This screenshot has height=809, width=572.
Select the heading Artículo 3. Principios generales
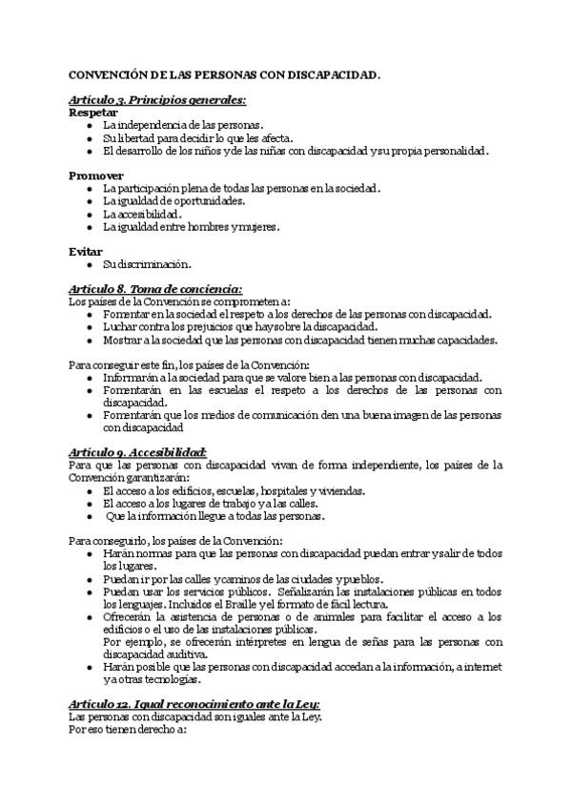(x=157, y=99)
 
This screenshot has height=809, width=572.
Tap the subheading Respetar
(x=93, y=112)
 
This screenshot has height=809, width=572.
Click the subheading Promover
(x=97, y=176)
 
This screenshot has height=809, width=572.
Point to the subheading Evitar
(x=86, y=251)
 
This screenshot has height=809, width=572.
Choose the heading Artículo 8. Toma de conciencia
(x=155, y=289)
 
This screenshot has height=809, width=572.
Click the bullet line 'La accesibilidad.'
(x=143, y=214)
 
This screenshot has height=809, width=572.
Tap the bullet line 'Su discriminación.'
(x=148, y=264)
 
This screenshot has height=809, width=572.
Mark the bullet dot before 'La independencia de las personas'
(x=89, y=125)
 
